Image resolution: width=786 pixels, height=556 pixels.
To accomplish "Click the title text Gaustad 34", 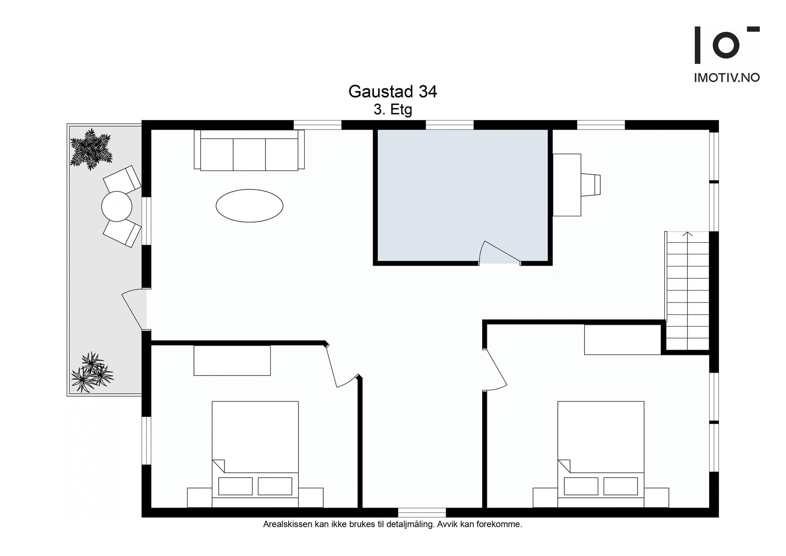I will pos(392,92).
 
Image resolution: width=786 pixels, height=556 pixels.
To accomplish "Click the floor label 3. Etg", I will pos(393,110).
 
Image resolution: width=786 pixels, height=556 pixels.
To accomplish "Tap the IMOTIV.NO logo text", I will pos(727,78).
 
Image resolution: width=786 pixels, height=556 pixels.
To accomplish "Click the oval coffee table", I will pos(249,206).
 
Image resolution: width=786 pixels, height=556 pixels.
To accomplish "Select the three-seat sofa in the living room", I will pos(249,151).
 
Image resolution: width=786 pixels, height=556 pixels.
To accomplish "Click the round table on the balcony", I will pos(117,206).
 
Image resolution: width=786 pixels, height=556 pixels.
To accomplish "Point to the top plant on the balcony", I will pos(91,150).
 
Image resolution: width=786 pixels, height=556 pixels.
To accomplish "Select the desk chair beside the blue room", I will pos(590,185).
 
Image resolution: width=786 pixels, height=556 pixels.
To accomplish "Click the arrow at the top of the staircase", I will pos(687,234).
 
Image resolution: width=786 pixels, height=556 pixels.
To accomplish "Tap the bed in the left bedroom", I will pos(255,453).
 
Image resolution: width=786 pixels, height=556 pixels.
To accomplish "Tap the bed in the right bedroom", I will pos(601,453).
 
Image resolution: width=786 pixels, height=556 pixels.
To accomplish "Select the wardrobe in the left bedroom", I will pos(232,361).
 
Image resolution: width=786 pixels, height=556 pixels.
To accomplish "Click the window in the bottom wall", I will pos(421,512).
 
